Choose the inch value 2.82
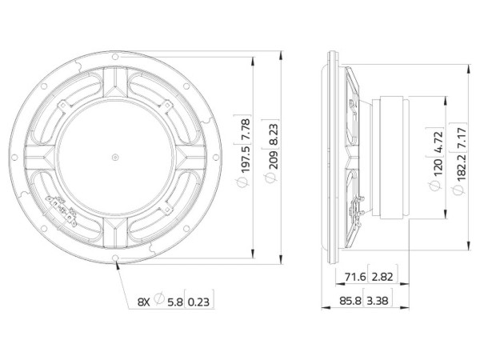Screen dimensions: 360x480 pos(382,277)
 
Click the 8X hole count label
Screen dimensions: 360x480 pos(144,302)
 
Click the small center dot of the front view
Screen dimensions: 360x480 pos(116,157)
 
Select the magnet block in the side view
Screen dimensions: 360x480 pos(392,157)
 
